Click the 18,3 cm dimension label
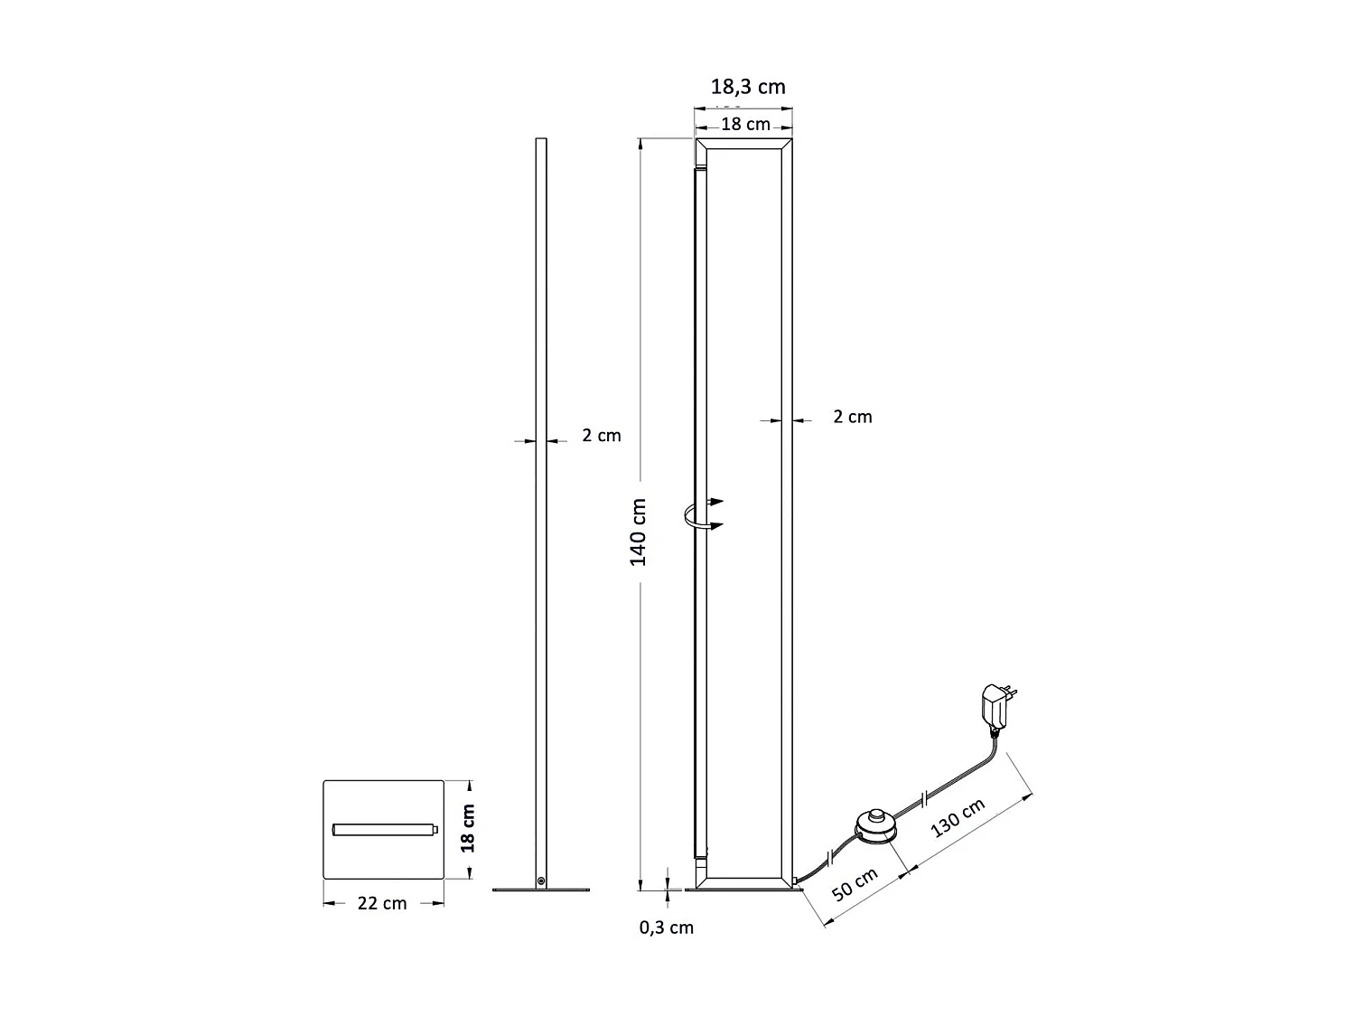748,87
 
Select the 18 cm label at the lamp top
745,124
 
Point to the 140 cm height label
639,532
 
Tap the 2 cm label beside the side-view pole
601,435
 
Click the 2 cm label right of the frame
852,417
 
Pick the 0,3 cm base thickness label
667,927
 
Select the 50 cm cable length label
855,884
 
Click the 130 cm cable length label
958,818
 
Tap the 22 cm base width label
382,903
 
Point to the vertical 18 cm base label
467,829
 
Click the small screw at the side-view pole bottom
541,880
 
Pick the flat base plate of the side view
541,890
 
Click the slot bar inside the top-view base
385,829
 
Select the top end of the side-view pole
541,141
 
